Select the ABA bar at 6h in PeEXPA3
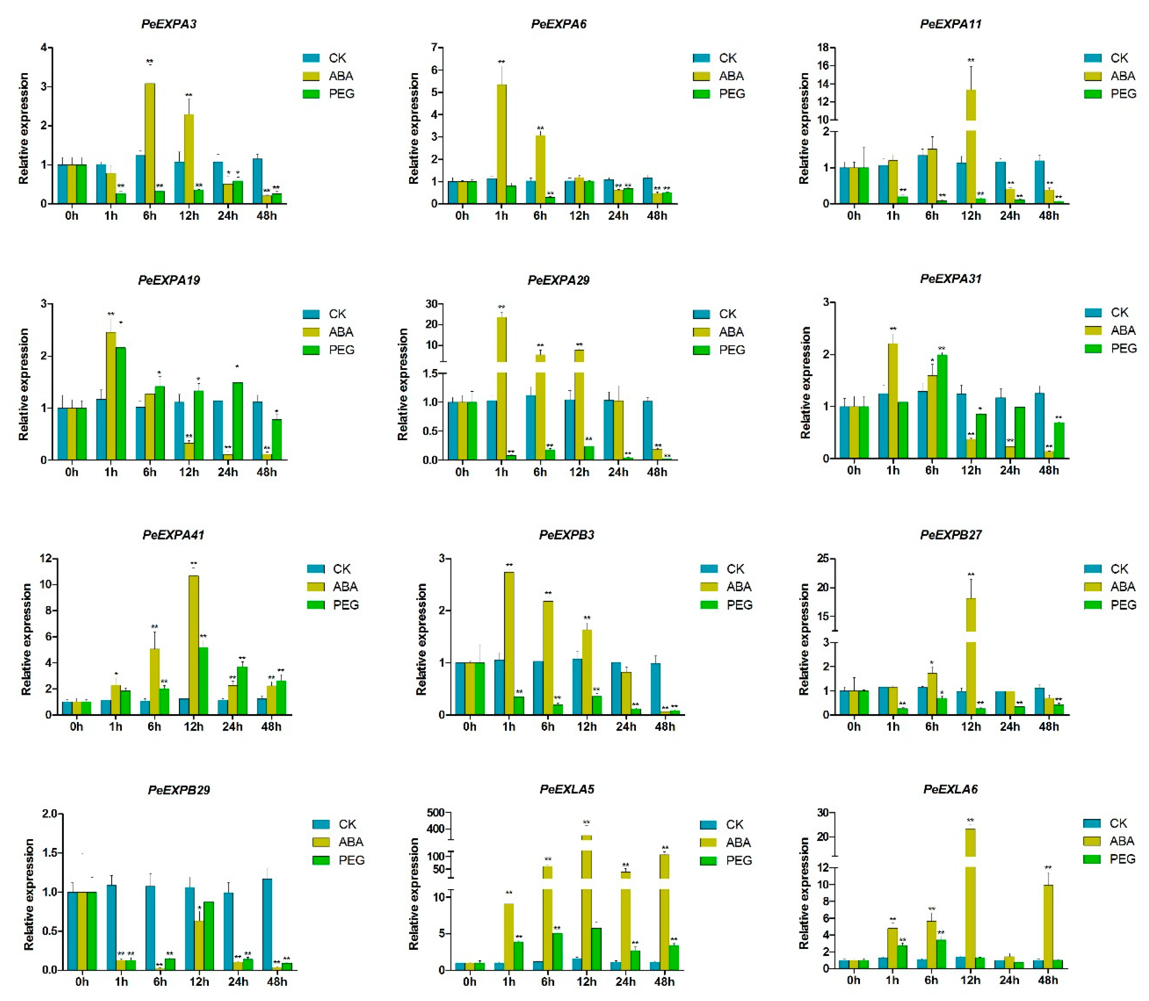coord(150,143)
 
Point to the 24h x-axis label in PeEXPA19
coord(228,472)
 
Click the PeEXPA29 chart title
coord(558,280)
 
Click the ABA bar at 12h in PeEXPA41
coord(193,645)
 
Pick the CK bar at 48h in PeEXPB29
coord(267,925)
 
